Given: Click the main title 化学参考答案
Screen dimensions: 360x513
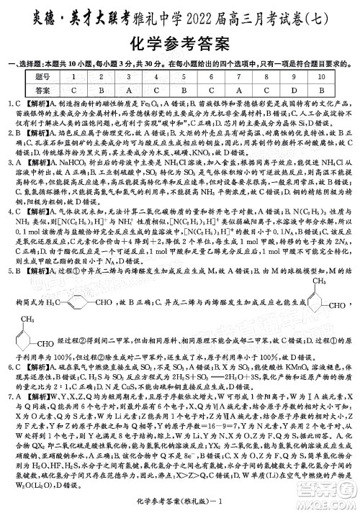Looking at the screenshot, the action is tap(180, 44).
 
